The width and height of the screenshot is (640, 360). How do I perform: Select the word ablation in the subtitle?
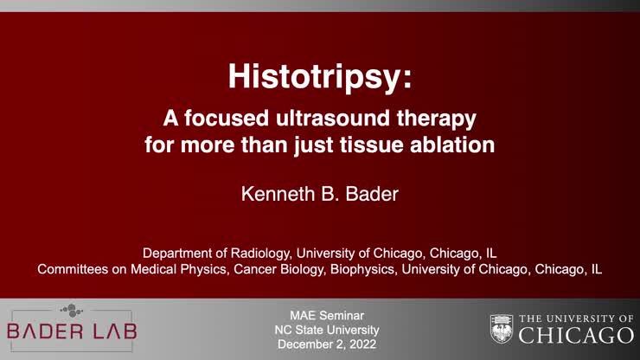pyautogui.click(x=456, y=144)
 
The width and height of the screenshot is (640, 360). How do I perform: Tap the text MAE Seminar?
pyautogui.click(x=320, y=314)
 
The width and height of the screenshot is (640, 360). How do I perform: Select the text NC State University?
pyautogui.click(x=320, y=330)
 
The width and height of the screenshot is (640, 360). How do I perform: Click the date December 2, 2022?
pyautogui.click(x=320, y=344)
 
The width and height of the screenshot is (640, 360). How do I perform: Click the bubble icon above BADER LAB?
pyautogui.click(x=71, y=310)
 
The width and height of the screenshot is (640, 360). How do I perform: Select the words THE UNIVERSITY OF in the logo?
pyautogui.click(x=576, y=318)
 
